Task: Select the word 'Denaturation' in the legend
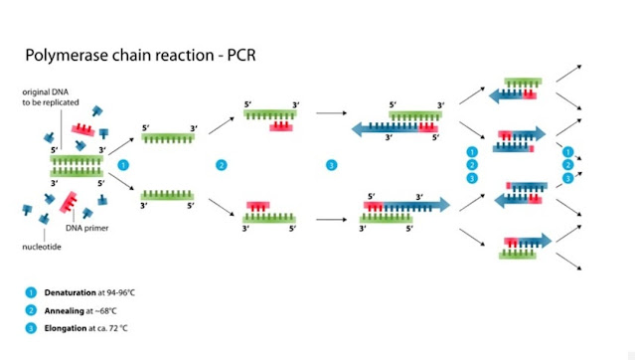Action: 68,292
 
